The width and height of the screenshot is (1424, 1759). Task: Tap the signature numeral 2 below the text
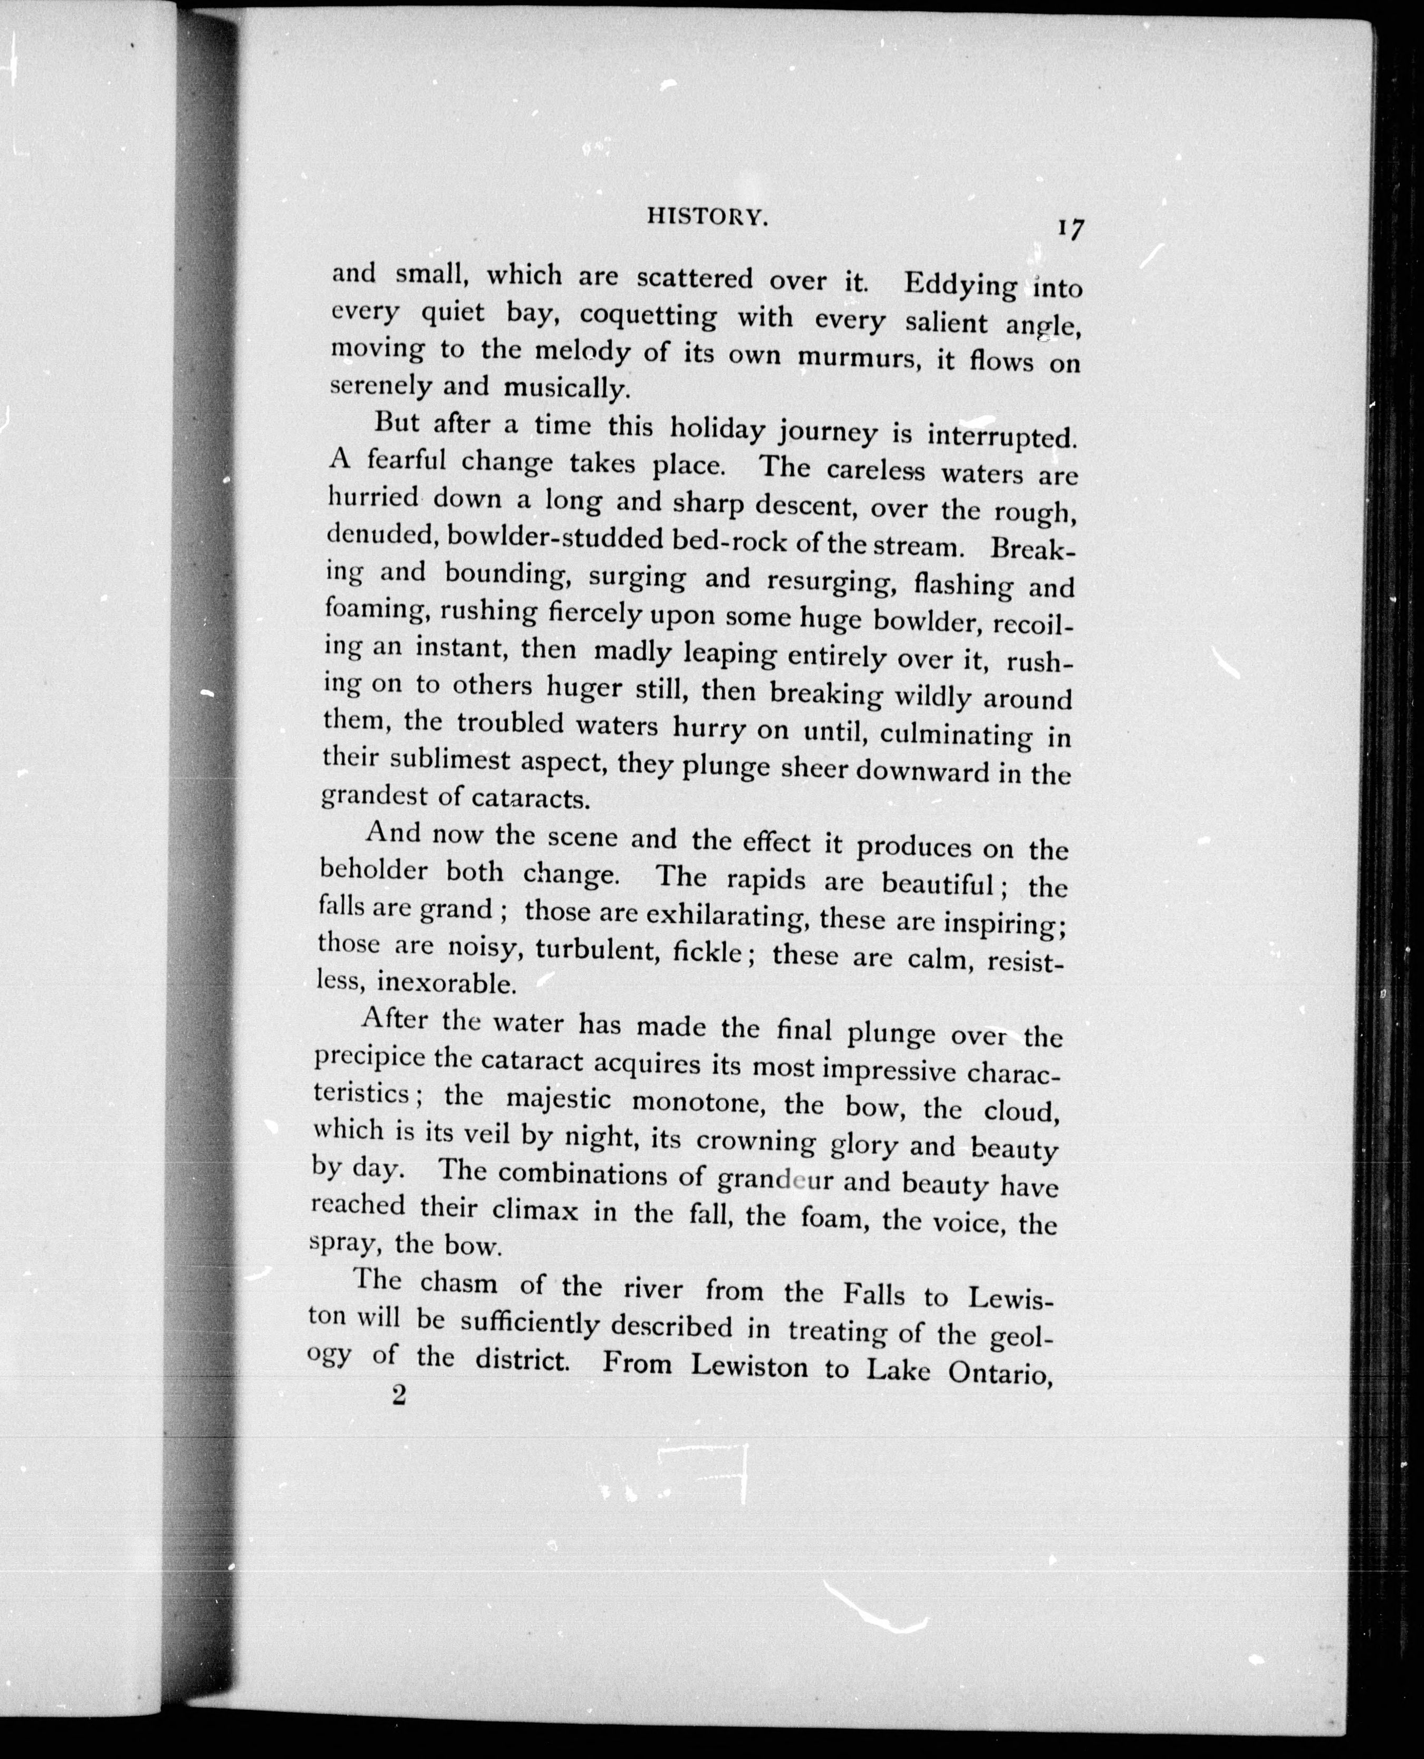coord(399,1396)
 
